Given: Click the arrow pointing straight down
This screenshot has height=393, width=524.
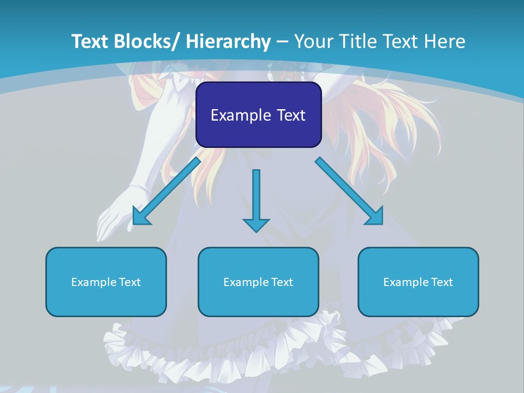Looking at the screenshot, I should (x=256, y=199).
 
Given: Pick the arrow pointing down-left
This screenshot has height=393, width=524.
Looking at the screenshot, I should (x=166, y=191).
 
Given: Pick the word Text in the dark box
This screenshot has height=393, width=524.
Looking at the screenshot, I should (x=290, y=115).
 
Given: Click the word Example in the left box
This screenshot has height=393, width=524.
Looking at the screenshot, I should (x=94, y=282).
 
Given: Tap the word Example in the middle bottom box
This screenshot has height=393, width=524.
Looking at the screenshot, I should (x=246, y=282).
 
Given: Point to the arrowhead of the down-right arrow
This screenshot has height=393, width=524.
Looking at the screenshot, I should (x=376, y=217).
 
